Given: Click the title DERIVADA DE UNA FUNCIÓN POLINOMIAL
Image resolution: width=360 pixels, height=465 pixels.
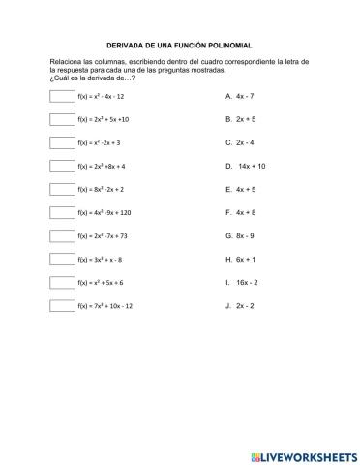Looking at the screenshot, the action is tap(179, 45).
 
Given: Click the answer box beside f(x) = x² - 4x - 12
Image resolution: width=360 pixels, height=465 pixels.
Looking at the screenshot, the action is tap(61, 96).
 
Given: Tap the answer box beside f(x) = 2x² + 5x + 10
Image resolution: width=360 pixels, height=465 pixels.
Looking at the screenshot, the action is tap(61, 119).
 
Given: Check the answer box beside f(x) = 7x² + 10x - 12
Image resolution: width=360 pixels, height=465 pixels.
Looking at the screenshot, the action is tap(61, 305).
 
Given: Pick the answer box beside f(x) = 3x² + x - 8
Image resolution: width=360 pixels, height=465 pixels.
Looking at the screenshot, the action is tap(61, 259).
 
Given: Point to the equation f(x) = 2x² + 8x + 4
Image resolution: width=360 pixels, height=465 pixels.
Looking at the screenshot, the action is tap(102, 166).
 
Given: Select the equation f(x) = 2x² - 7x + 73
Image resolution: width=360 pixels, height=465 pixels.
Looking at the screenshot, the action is tap(103, 235).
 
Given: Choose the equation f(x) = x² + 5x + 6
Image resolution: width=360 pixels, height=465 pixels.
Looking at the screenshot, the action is tap(101, 282).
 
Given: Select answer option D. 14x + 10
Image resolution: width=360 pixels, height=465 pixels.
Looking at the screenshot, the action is tap(245, 166).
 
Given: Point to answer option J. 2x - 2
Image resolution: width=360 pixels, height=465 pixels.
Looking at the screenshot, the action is tap(239, 305).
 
